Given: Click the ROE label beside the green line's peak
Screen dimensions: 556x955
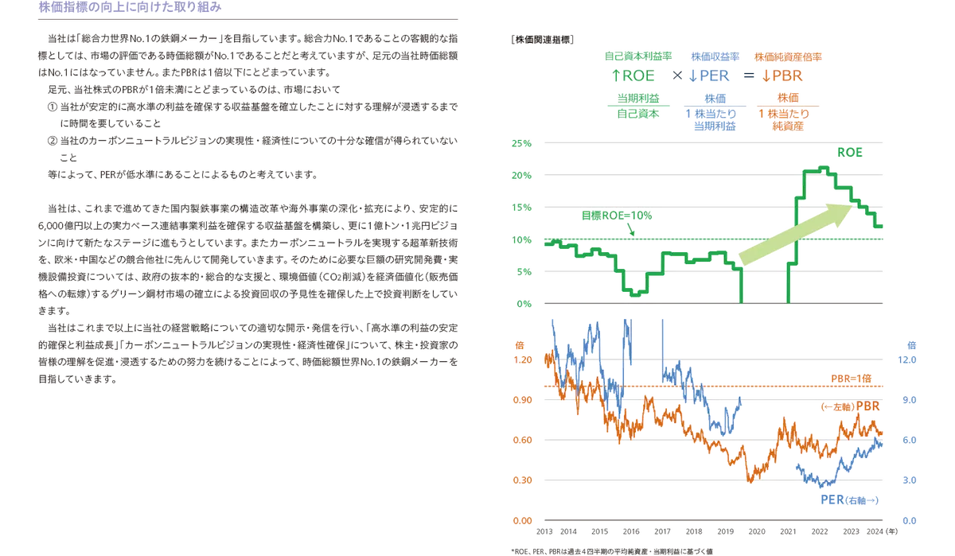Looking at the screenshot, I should (852, 151).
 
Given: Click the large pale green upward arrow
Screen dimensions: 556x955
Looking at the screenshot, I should (796, 235).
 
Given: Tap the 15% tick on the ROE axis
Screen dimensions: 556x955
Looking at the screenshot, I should (522, 208).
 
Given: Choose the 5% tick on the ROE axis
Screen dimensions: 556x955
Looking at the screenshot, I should (522, 271).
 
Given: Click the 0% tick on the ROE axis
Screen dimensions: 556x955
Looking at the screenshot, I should (522, 303).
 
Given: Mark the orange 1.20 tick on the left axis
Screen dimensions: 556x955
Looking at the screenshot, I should (522, 360).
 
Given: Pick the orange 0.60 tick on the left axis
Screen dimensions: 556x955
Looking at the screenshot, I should (522, 439).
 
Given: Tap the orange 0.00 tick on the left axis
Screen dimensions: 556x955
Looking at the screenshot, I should (522, 520).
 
